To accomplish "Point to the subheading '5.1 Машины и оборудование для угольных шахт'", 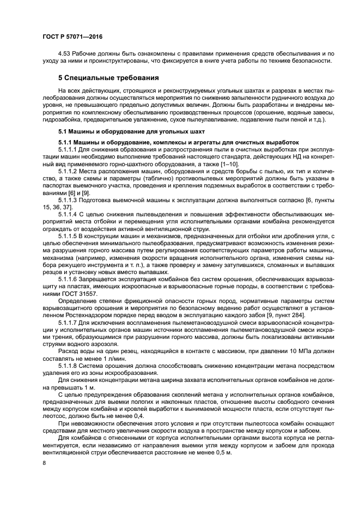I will tap(131, 132).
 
